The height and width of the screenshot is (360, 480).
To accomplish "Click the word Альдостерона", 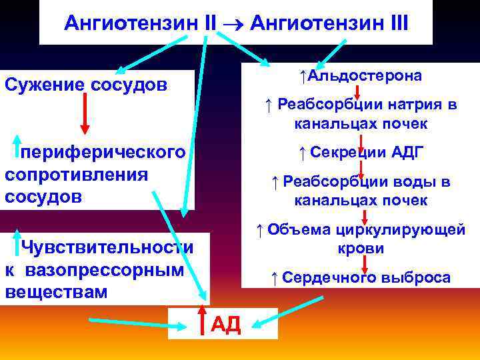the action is [x=363, y=75].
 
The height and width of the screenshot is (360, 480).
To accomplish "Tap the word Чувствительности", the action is [x=107, y=247].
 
